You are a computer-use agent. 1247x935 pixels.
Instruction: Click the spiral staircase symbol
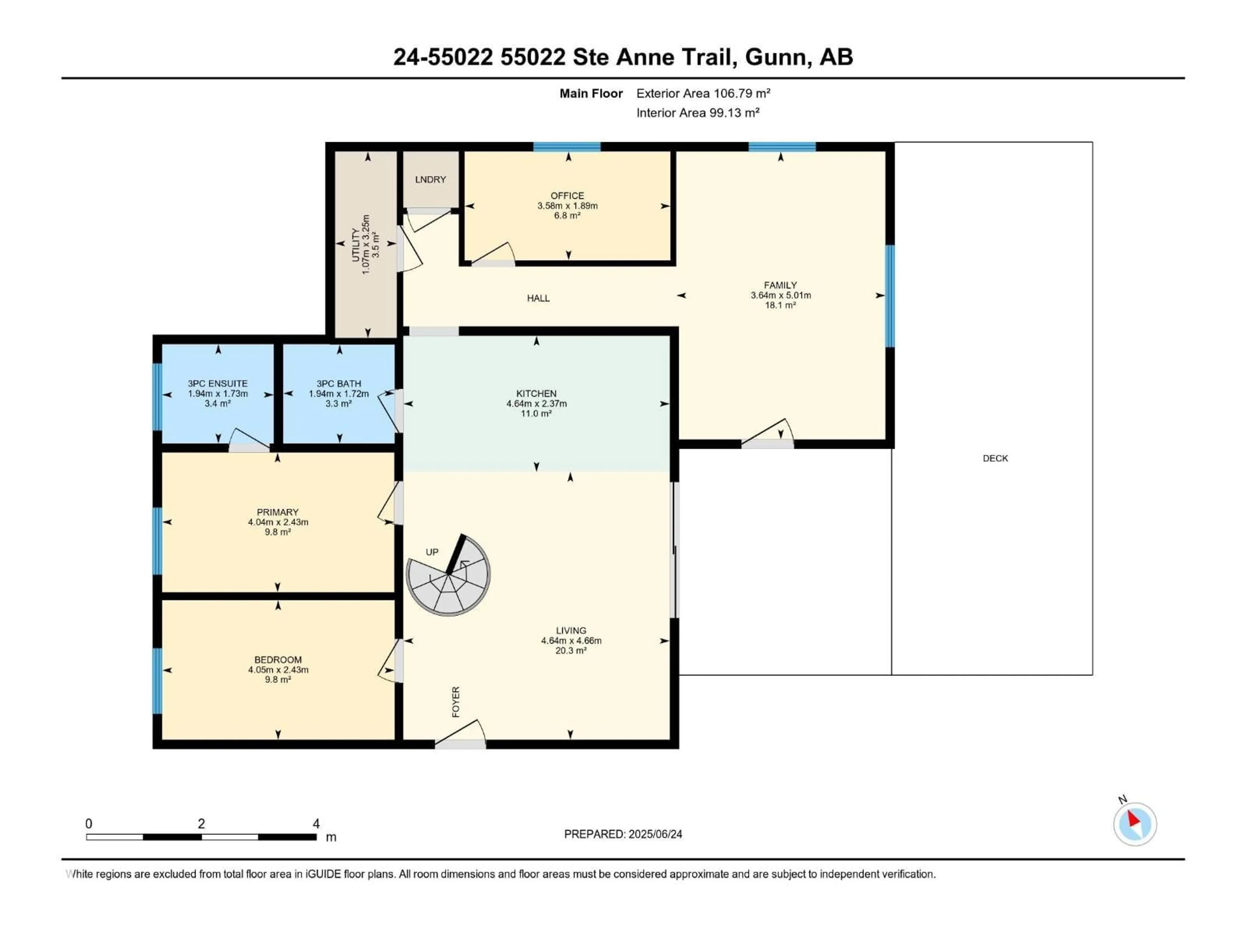[448, 575]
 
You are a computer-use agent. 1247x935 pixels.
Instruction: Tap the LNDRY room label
[430, 179]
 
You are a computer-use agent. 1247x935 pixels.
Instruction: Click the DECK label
[995, 458]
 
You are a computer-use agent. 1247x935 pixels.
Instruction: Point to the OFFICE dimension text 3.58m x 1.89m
[567, 206]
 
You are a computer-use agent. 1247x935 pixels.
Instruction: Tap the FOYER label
[456, 702]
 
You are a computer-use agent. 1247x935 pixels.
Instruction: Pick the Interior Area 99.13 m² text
[697, 113]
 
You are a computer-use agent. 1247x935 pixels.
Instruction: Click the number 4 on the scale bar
[316, 823]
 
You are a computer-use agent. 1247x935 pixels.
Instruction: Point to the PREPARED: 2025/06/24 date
[623, 834]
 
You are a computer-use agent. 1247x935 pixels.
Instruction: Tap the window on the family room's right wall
[889, 296]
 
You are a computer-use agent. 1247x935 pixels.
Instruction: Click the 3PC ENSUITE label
[218, 383]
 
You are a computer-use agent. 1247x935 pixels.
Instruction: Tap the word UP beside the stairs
[432, 552]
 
